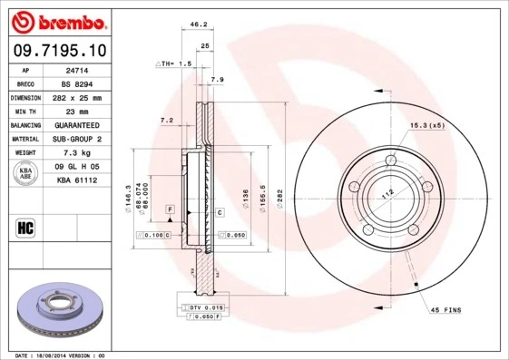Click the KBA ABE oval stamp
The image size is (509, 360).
[x=26, y=174]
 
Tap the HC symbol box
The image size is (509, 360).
[x=25, y=227]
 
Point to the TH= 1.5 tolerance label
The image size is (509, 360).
[x=174, y=64]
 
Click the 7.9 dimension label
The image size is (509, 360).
[x=217, y=81]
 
